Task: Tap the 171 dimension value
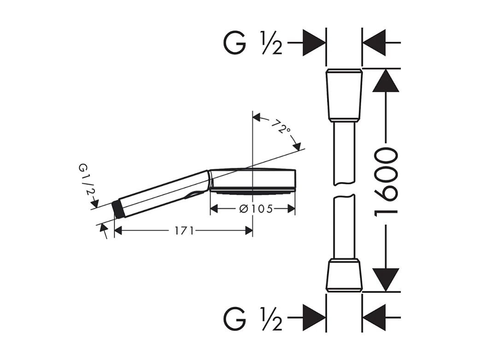click(x=184, y=230)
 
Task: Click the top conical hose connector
click(x=344, y=94)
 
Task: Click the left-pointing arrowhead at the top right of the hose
click(x=374, y=42)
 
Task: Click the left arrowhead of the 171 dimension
click(x=118, y=230)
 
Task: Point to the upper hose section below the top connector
click(x=344, y=152)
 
